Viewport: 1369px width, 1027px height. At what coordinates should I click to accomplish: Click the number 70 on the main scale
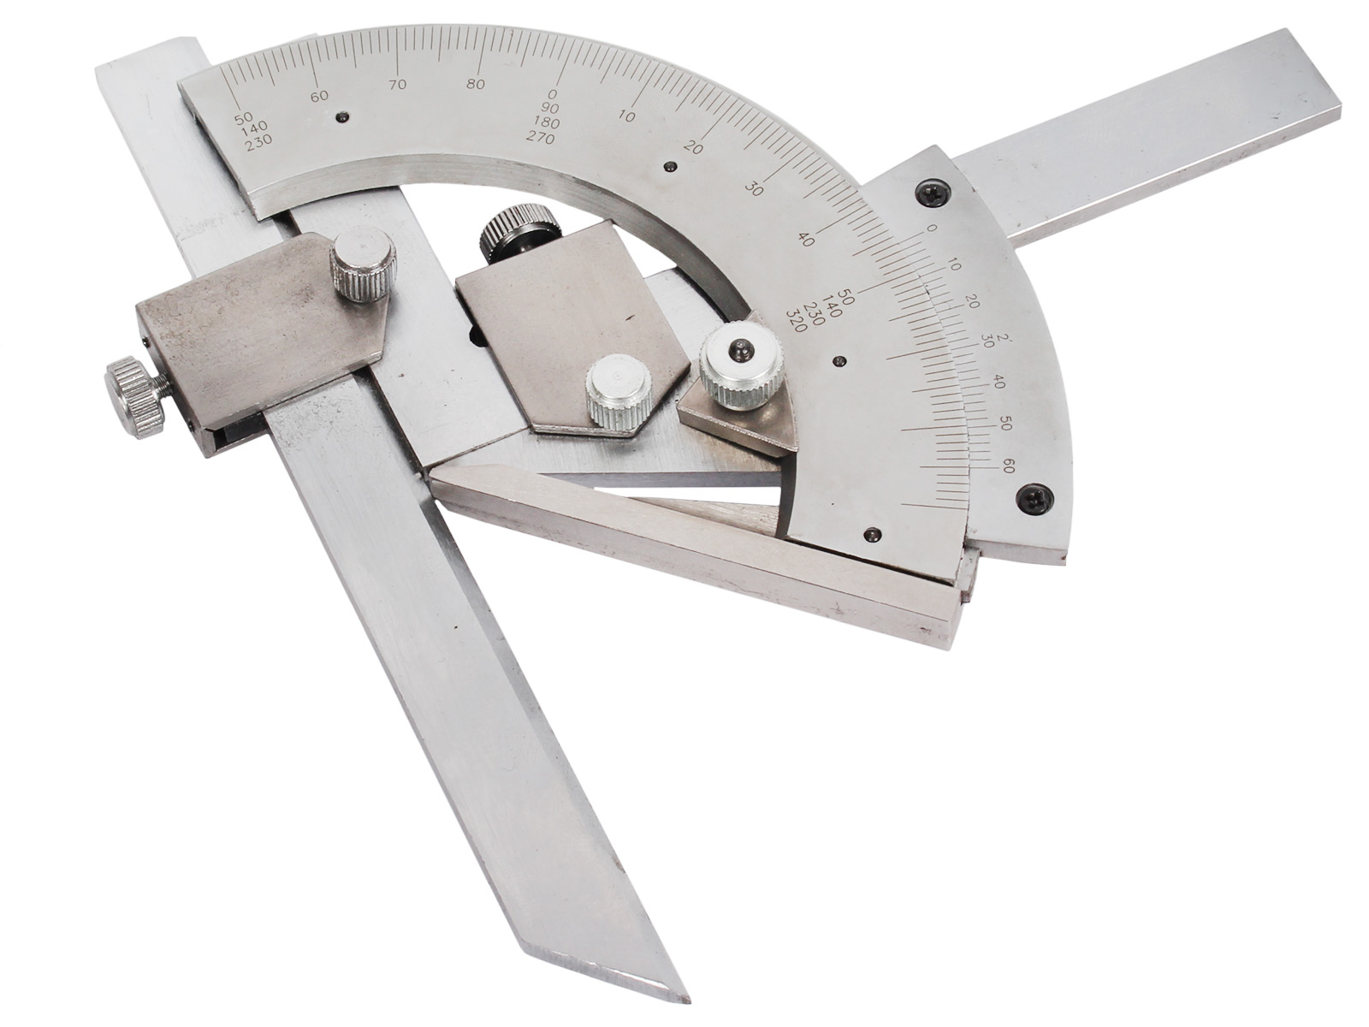pos(397,85)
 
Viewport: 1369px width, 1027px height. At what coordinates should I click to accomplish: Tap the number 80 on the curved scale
pos(475,84)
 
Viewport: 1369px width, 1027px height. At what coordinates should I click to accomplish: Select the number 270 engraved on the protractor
pos(540,139)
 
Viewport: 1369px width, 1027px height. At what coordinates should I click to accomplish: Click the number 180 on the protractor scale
pos(547,123)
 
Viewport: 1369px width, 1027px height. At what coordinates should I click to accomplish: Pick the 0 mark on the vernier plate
pos(932,229)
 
